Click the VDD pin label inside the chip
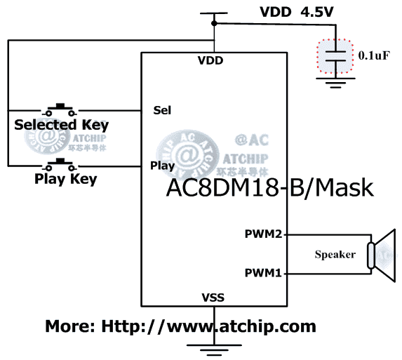[210, 60]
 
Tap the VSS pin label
[213, 298]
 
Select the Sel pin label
[162, 110]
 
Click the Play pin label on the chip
[163, 166]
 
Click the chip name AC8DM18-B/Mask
[269, 188]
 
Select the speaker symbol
[382, 253]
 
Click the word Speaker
[335, 254]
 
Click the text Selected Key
[62, 126]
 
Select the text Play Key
[65, 179]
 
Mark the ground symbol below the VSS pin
[213, 348]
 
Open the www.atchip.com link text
[180, 326]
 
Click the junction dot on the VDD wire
[213, 24]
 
